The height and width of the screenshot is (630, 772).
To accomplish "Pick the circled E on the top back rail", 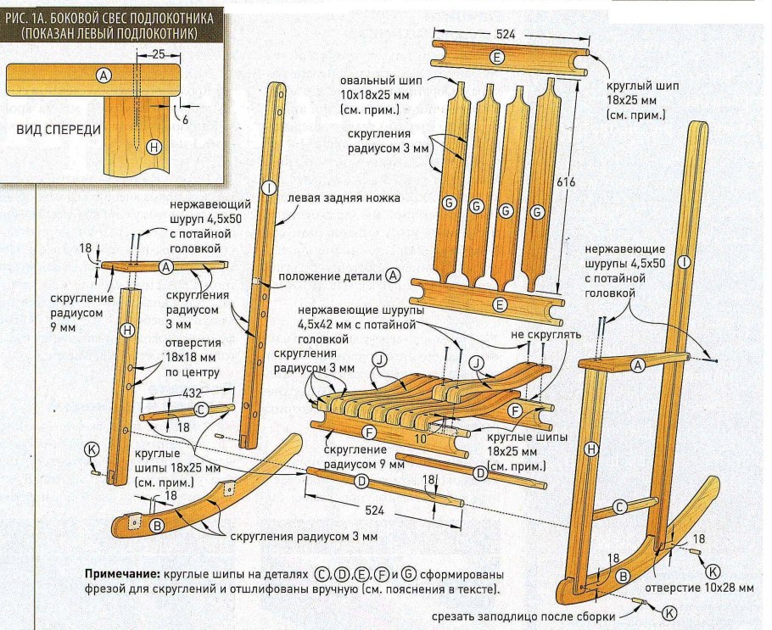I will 497,57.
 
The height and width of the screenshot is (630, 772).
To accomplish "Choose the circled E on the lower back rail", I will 501,304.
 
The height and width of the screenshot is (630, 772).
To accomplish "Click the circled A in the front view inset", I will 103,75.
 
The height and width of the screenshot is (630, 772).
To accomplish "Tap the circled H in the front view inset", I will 154,147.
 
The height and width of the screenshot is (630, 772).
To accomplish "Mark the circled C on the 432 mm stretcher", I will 201,410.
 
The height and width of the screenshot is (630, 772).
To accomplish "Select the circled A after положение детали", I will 392,275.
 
